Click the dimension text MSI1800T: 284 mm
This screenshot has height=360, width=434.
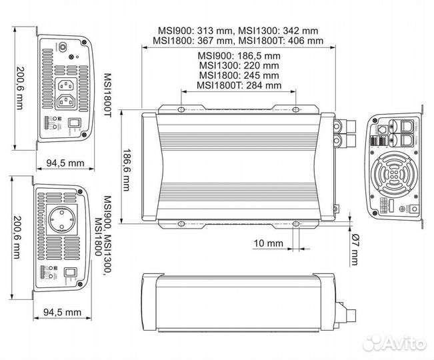tap(239, 85)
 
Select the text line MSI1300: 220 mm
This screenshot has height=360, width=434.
tap(239, 65)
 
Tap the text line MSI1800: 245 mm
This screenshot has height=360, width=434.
tap(239, 75)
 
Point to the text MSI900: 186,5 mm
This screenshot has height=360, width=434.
tap(239, 55)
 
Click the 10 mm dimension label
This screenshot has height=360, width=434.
tap(269, 243)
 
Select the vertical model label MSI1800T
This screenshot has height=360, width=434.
tap(107, 95)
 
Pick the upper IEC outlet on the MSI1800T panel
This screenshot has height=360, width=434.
tap(68, 85)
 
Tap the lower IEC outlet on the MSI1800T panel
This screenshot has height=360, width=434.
tap(68, 102)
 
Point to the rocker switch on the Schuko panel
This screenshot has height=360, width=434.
tap(71, 272)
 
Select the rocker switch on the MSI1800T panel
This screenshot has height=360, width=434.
tap(75, 123)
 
